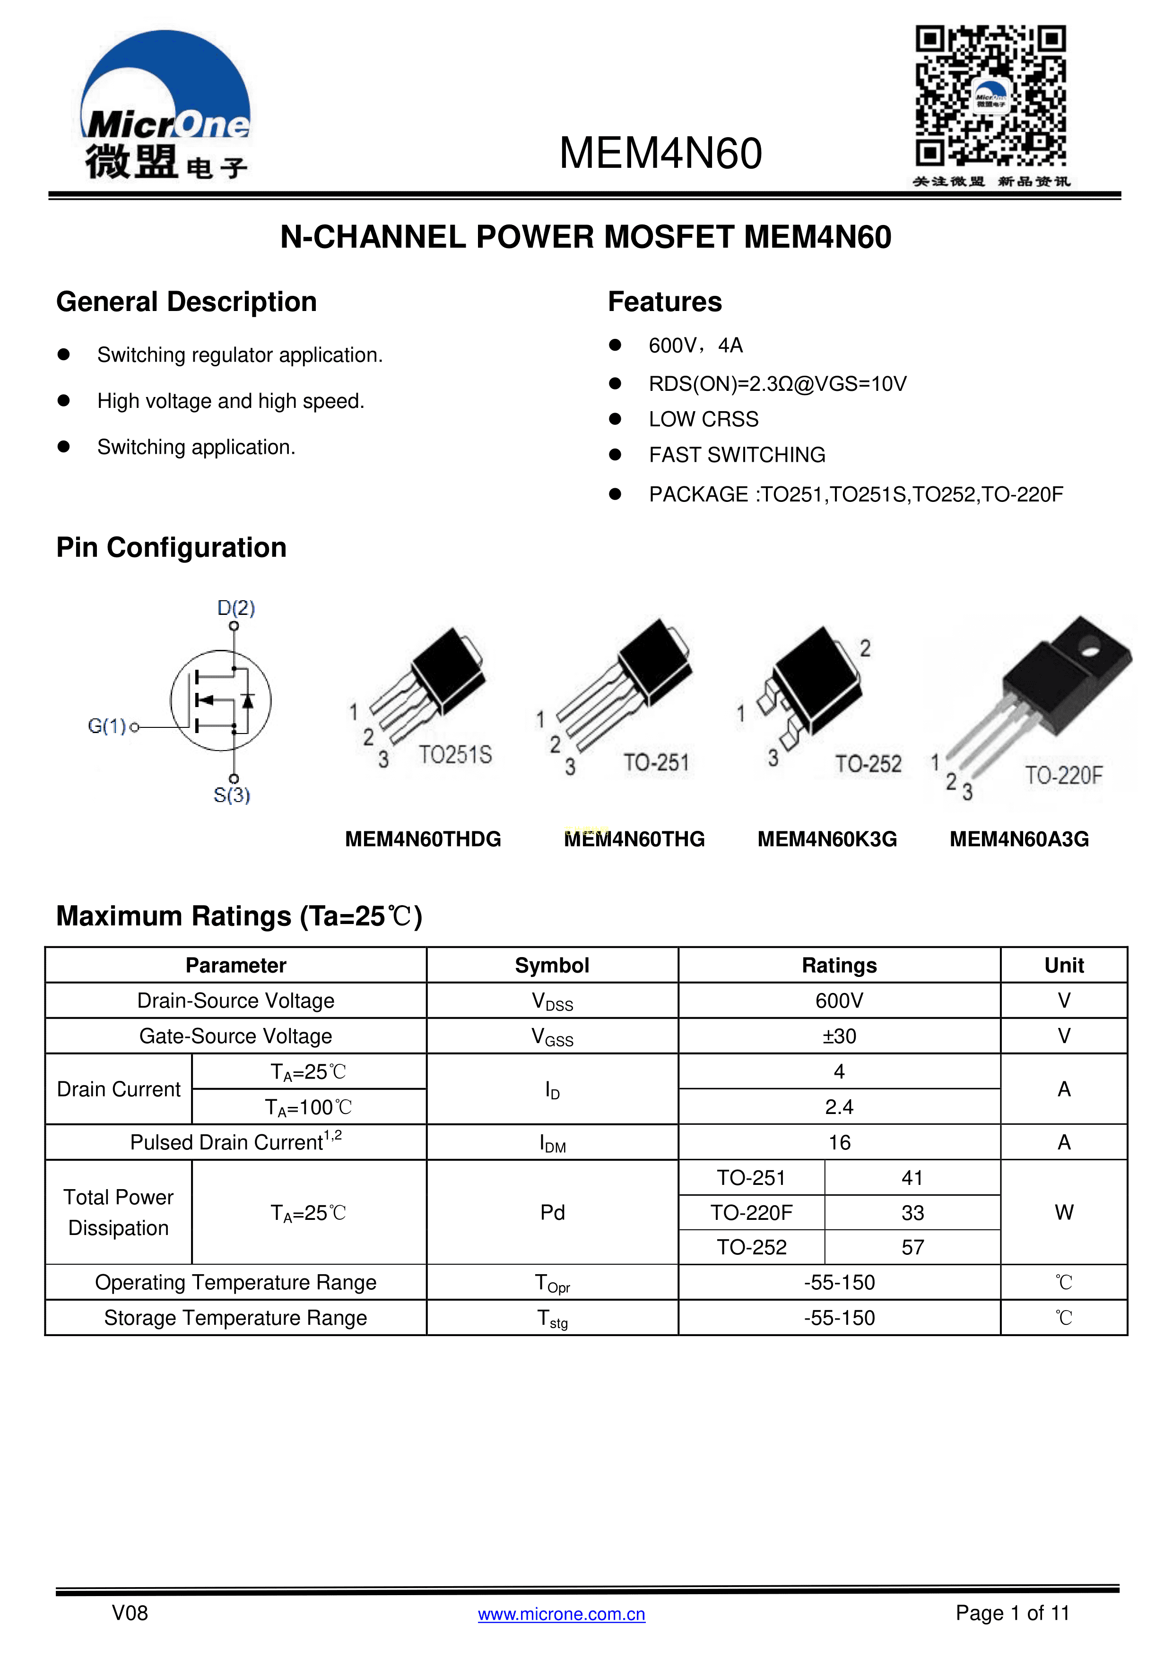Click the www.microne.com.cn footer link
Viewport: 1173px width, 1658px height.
(x=561, y=1614)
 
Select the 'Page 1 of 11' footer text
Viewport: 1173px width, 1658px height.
(x=1012, y=1613)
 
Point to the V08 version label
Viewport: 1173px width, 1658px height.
(x=130, y=1613)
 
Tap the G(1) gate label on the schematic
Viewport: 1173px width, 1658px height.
(x=107, y=726)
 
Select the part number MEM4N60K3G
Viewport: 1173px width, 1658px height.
(x=827, y=839)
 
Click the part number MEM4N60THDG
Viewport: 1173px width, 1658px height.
(x=423, y=839)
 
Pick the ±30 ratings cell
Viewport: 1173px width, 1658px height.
(x=839, y=1036)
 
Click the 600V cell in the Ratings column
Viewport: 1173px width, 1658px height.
(x=839, y=1001)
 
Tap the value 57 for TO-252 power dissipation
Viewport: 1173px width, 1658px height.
(x=912, y=1247)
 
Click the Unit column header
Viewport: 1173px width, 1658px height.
(x=1063, y=966)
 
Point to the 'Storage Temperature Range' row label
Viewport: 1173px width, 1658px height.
(x=235, y=1318)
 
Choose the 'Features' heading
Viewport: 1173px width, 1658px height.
(x=664, y=302)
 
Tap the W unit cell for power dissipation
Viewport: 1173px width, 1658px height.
(x=1063, y=1212)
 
